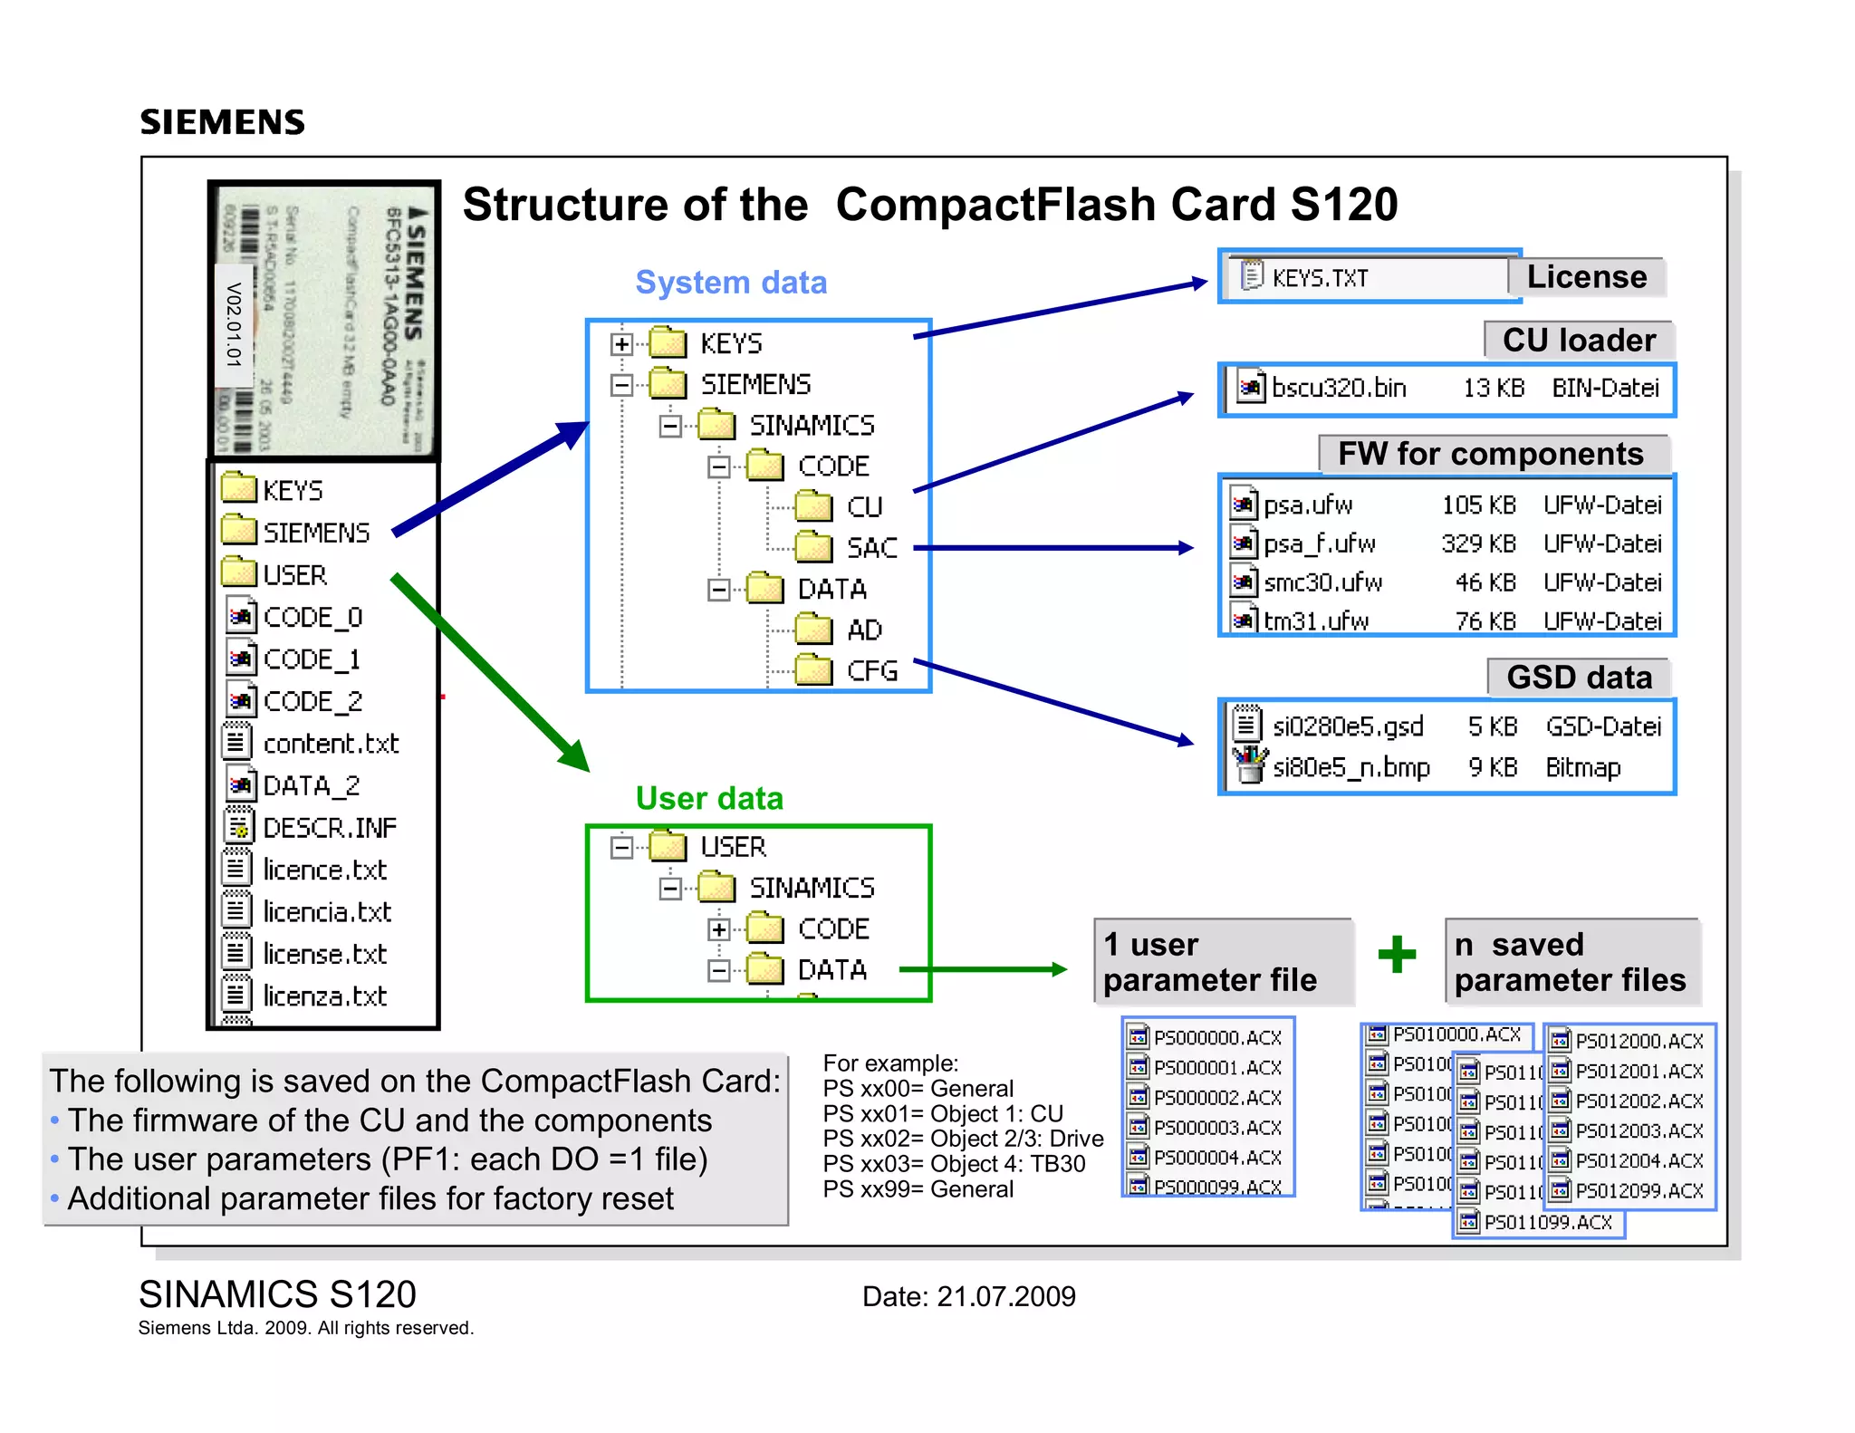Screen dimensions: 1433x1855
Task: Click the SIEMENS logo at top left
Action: click(222, 121)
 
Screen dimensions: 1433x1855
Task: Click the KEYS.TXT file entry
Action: click(1319, 278)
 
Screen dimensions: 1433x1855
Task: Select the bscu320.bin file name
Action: click(1338, 388)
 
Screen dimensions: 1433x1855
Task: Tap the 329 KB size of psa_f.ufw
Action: click(1478, 543)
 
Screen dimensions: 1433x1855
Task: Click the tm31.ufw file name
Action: click(1315, 621)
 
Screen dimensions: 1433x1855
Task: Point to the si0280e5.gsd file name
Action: click(1347, 726)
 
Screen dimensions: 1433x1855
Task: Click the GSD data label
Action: click(1579, 678)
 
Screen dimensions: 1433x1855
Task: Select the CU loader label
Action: click(1579, 341)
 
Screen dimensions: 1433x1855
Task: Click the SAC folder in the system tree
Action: click(871, 548)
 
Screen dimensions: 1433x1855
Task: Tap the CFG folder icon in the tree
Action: click(813, 670)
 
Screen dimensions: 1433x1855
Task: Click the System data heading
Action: click(731, 283)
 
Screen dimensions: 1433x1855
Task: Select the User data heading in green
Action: click(709, 798)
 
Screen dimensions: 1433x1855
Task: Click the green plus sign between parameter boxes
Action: click(1397, 954)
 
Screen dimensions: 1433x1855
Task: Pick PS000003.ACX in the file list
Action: click(1216, 1128)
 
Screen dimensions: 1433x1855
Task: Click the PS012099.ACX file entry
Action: click(1639, 1191)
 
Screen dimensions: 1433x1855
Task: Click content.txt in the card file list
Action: click(331, 744)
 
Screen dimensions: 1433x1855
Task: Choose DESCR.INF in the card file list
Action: click(329, 828)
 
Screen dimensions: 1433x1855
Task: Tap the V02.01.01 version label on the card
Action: click(234, 323)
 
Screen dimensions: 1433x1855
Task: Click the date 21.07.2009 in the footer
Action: click(1005, 1296)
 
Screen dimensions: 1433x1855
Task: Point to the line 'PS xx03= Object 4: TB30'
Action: click(954, 1164)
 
